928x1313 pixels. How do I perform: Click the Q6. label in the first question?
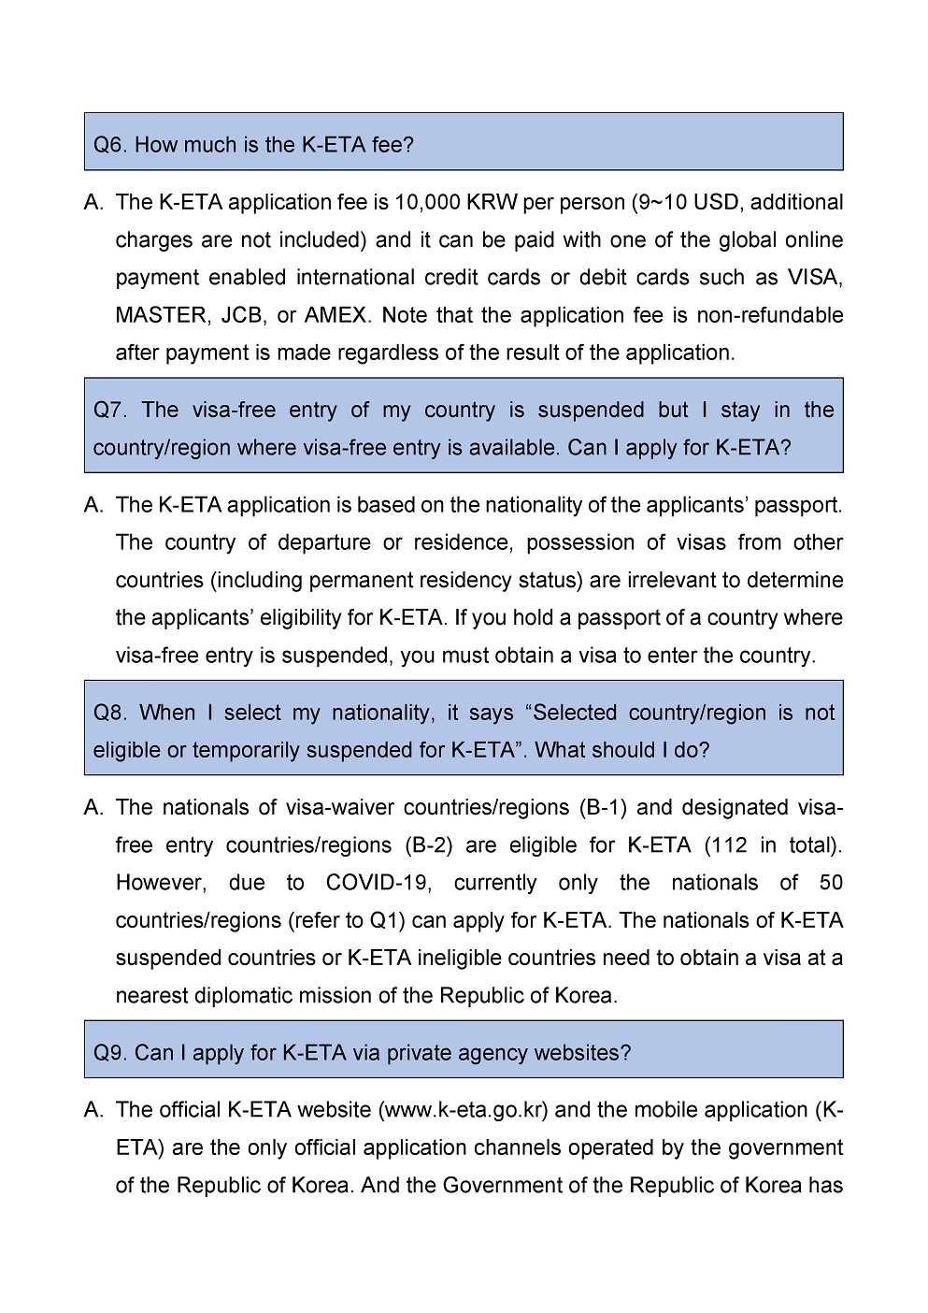(x=110, y=145)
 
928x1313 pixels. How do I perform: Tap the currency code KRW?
(x=492, y=202)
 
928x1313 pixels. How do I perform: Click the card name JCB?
(x=242, y=315)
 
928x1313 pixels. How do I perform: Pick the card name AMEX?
(x=336, y=315)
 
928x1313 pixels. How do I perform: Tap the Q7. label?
(x=110, y=411)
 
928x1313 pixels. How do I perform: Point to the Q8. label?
(x=110, y=713)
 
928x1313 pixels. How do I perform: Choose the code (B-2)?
(x=429, y=845)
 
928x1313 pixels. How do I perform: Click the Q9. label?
(x=110, y=1053)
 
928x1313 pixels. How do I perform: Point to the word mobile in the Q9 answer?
(x=661, y=1110)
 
